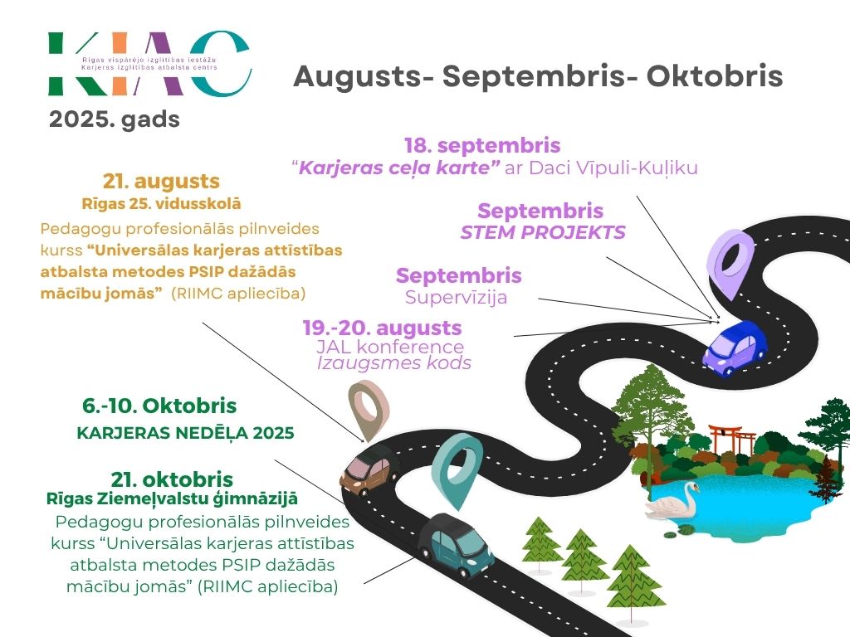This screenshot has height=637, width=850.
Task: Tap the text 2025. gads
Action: coord(115,119)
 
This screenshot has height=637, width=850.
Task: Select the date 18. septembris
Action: coord(482,146)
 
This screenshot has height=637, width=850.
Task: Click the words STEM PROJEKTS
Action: coord(543,232)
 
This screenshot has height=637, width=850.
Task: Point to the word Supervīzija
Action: coord(456,297)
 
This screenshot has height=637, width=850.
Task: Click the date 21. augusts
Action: coord(161,182)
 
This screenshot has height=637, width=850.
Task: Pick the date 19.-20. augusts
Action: coord(382,327)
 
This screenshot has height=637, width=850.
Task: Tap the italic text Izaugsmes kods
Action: coord(394,363)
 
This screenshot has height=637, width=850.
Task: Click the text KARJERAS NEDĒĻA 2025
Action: coord(185,433)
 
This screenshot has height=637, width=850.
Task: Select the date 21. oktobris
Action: coord(172,479)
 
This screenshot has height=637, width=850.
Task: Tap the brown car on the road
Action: coord(369,470)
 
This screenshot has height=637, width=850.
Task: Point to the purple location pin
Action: coord(730,261)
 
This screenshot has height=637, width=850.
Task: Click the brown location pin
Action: coord(369,410)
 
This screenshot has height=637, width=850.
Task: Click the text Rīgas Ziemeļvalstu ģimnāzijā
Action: coord(172,498)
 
